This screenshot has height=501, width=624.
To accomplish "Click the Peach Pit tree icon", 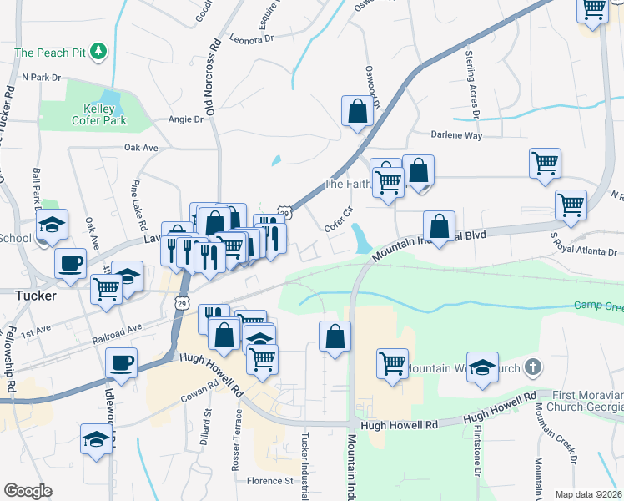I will [99, 52].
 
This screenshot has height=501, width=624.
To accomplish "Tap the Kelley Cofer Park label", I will [104, 115].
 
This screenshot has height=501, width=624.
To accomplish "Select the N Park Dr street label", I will [42, 77].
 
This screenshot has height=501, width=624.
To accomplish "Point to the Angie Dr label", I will [185, 119].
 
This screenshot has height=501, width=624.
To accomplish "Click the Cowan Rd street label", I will [201, 394].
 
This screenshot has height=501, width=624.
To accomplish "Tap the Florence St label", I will [269, 481].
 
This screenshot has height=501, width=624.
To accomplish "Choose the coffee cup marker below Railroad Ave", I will [122, 362].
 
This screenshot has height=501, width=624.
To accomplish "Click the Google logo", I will [28, 491].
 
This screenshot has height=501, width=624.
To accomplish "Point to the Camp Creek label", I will [598, 306].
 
